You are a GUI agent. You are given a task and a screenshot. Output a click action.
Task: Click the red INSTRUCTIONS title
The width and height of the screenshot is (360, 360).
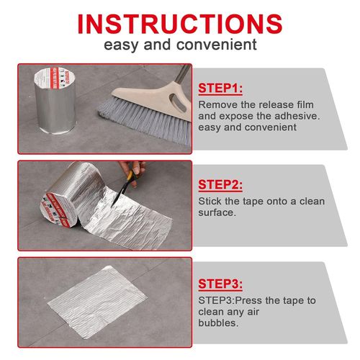coord(179,22)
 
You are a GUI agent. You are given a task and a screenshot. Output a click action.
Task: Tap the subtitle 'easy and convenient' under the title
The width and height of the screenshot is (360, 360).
coord(179,45)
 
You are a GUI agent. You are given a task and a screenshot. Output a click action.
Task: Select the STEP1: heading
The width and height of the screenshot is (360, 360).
coord(220,89)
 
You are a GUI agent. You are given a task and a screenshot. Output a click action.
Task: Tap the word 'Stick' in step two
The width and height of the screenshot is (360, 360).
coord(210,202)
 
